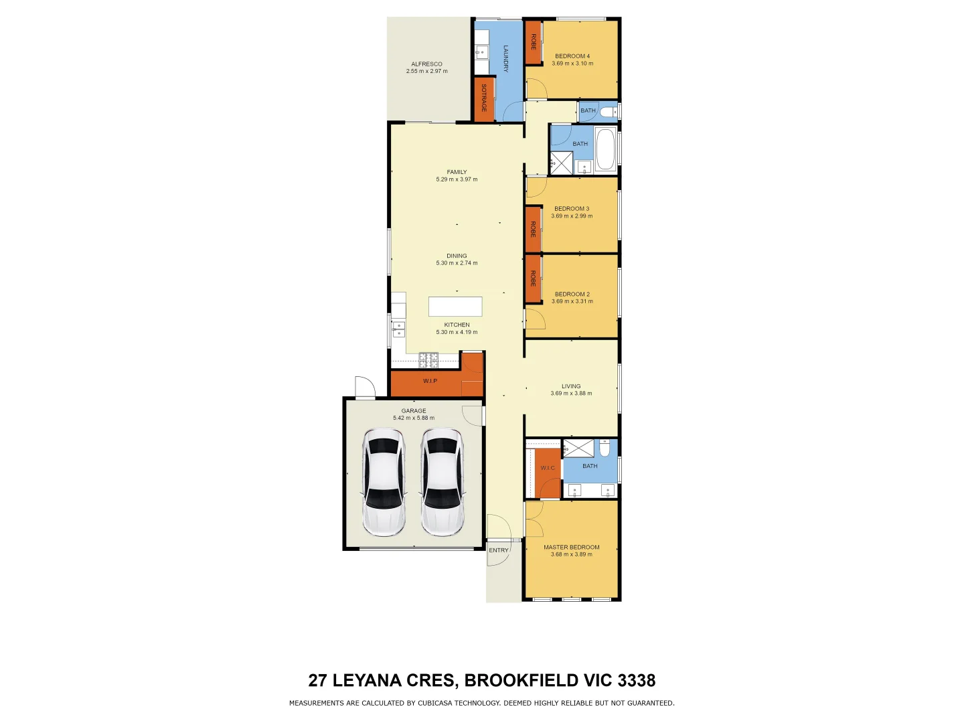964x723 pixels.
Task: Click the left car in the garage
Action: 384,482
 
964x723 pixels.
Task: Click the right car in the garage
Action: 442,482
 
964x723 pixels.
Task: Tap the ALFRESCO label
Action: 426,64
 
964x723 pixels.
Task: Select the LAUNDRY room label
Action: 506,58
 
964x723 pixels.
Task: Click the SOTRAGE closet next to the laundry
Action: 484,98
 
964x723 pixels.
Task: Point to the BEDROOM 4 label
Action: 572,56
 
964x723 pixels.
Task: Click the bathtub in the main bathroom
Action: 605,149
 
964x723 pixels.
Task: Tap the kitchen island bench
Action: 455,307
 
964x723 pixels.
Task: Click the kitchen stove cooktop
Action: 428,360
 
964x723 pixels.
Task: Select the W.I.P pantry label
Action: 430,381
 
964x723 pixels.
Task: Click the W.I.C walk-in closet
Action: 548,468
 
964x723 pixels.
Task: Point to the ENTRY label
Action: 499,550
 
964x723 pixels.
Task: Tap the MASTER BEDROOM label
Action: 571,547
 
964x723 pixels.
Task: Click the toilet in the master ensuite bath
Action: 605,447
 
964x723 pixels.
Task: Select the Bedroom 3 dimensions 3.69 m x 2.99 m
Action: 572,216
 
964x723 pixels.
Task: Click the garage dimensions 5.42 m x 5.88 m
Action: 414,418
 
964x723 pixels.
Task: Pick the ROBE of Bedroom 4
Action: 534,42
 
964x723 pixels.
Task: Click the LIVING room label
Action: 571,386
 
